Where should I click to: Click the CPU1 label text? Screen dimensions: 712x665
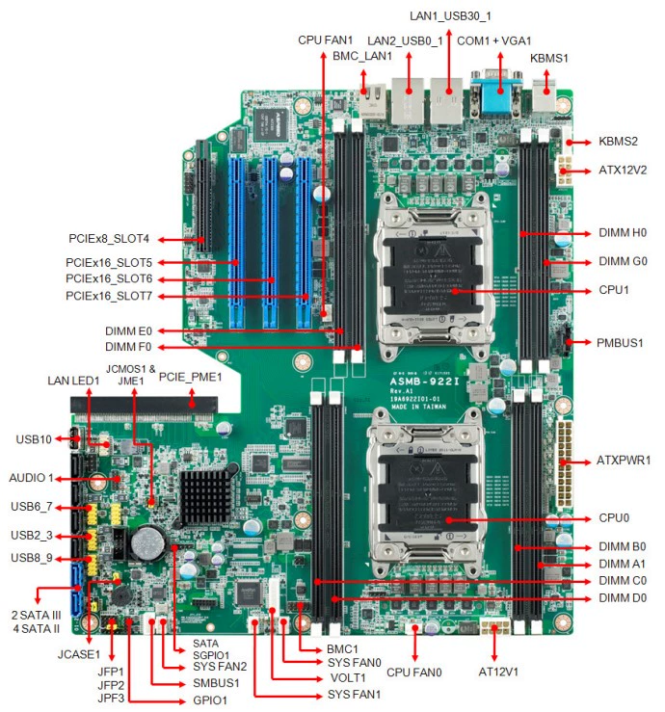coord(615,289)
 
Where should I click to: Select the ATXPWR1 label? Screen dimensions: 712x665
coord(624,461)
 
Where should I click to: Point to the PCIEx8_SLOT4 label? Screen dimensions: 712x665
coord(109,238)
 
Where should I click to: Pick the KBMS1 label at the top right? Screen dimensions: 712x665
coord(549,58)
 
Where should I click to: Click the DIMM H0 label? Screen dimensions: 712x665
coord(622,234)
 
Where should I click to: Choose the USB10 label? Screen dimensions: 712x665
coord(34,439)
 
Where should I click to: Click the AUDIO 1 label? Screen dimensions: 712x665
coord(32,478)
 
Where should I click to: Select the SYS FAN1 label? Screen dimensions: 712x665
coord(353,695)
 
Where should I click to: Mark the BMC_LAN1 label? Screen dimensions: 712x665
coord(362,56)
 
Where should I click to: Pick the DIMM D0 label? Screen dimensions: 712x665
coord(622,599)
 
